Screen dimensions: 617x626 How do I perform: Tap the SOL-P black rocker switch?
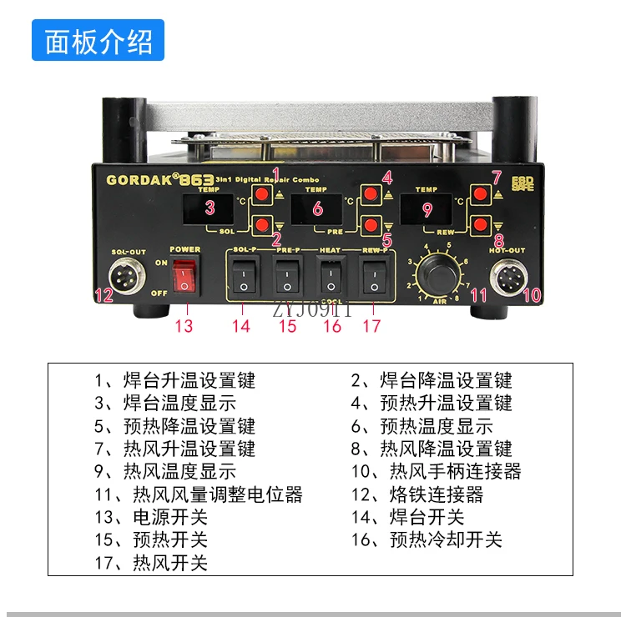(x=242, y=277)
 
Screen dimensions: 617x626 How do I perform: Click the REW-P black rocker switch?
(x=373, y=277)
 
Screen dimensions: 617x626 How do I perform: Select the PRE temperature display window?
(x=318, y=208)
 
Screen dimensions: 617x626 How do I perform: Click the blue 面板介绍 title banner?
(x=98, y=40)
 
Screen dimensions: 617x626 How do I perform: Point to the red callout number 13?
(x=184, y=325)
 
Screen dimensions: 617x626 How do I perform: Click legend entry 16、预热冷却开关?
(x=426, y=539)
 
